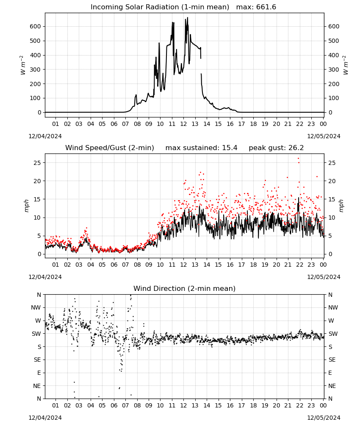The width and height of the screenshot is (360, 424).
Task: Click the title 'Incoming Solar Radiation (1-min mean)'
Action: pyautogui.click(x=160, y=7)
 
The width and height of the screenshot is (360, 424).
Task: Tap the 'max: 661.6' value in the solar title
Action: pyautogui.click(x=256, y=7)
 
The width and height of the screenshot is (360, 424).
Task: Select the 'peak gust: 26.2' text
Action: pyautogui.click(x=276, y=148)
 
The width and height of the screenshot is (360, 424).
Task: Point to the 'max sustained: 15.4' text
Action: pyautogui.click(x=202, y=148)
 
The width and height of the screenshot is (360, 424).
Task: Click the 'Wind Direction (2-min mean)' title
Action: pyautogui.click(x=185, y=288)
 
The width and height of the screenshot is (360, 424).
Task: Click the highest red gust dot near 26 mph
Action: pyautogui.click(x=299, y=159)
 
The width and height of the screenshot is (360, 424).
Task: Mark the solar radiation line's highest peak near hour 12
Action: pyautogui.click(x=188, y=17)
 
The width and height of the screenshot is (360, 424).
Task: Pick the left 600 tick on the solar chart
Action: pyautogui.click(x=36, y=26)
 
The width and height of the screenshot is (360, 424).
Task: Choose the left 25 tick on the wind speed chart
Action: pyautogui.click(x=37, y=163)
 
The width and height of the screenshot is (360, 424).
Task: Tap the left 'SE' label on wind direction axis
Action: pyautogui.click(x=38, y=360)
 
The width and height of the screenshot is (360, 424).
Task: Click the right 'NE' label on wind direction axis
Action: pyautogui.click(x=332, y=386)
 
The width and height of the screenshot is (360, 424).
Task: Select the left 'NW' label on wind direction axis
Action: pyautogui.click(x=36, y=308)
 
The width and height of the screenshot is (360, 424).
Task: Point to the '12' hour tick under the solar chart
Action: pyautogui.click(x=184, y=124)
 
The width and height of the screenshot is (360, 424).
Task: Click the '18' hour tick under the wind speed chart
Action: pyautogui.click(x=253, y=265)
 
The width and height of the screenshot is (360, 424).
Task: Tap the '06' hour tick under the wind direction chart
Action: pyautogui.click(x=114, y=406)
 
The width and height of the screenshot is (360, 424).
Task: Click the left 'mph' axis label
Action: pyautogui.click(x=26, y=206)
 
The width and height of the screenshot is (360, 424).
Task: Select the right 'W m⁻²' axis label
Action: pyautogui.click(x=346, y=65)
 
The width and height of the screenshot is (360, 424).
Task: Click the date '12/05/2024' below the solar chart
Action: pyautogui.click(x=324, y=136)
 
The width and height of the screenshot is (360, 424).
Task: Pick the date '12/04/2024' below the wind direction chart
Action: pyautogui.click(x=45, y=418)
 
